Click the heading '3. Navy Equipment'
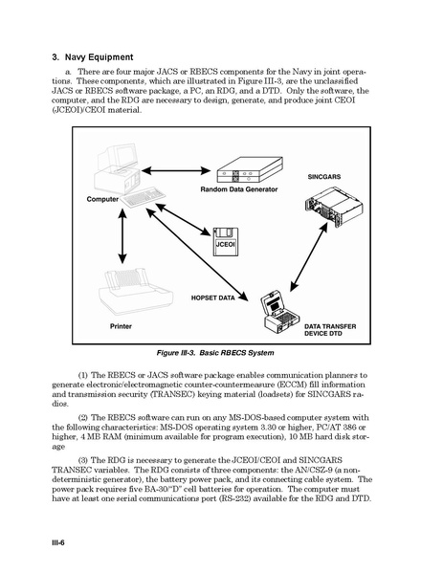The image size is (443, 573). click(x=93, y=57)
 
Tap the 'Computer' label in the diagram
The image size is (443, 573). click(x=102, y=199)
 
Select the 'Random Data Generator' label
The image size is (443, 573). click(x=239, y=189)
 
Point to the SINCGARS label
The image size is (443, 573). click(x=324, y=177)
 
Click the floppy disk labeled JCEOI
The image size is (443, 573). click(x=226, y=242)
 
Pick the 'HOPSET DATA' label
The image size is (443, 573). click(x=213, y=298)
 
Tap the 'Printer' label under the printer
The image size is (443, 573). click(x=121, y=326)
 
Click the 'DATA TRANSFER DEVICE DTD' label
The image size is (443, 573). click(x=330, y=330)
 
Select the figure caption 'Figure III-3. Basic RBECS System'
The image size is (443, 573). click(x=215, y=353)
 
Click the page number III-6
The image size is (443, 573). click(x=58, y=542)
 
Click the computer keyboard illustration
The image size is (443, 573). click(x=144, y=197)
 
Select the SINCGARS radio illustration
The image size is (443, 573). click(x=334, y=207)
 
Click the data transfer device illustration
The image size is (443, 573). click(x=280, y=312)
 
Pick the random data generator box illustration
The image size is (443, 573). click(x=250, y=170)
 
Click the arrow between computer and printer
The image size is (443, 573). click(x=122, y=235)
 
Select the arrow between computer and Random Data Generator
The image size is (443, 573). click(x=176, y=170)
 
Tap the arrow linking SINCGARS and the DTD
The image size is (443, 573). click(x=309, y=257)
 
